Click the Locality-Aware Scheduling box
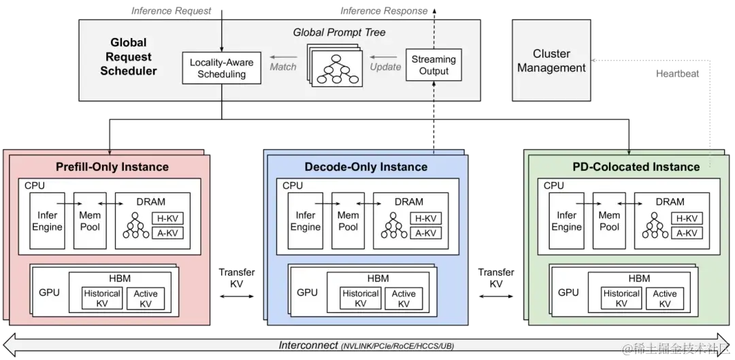221,68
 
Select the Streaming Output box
434,65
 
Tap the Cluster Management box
551,61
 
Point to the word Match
283,67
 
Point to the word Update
385,67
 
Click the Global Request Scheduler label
129,57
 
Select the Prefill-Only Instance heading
112,166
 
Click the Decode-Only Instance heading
366,167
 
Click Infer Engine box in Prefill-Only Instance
47,221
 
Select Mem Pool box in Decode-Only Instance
348,221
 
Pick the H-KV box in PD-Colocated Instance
685,218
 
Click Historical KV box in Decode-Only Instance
360,298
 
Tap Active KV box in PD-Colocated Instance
664,298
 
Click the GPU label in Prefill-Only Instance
49,293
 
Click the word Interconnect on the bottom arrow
308,345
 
